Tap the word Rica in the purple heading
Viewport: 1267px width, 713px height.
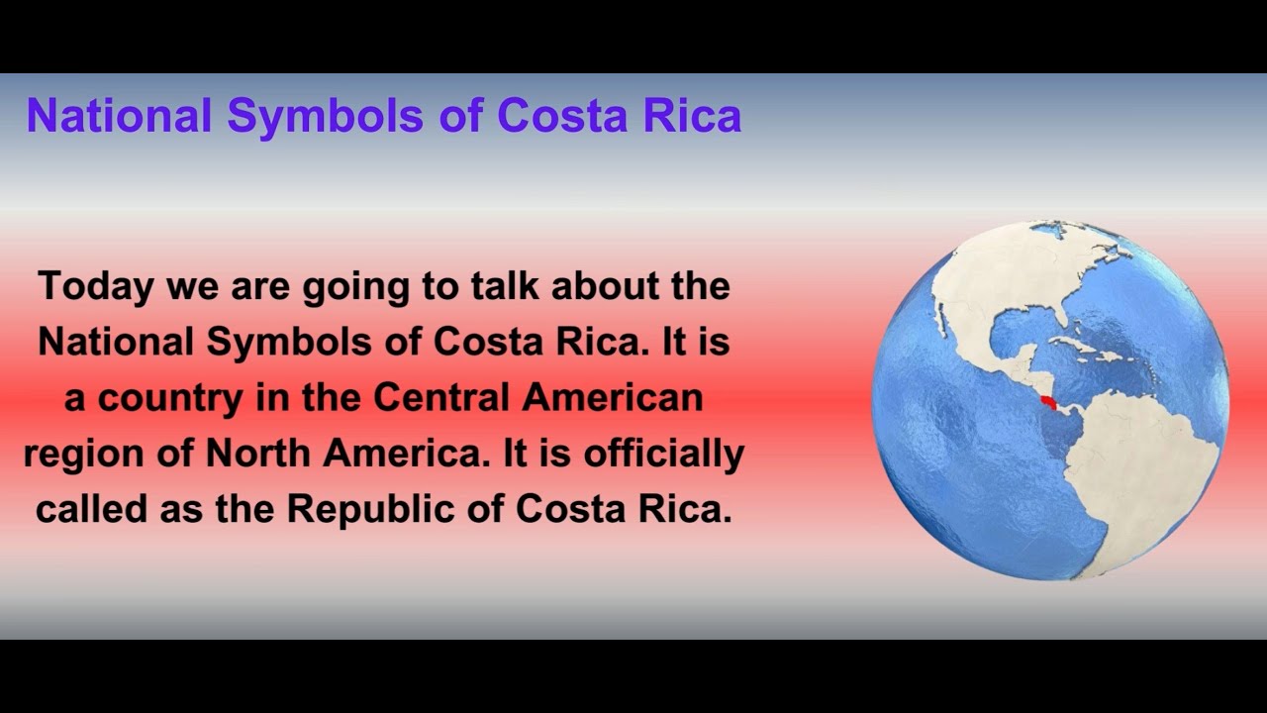click(692, 116)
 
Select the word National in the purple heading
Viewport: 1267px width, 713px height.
click(120, 116)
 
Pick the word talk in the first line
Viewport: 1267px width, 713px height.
click(506, 286)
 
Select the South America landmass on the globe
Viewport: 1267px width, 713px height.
click(1148, 465)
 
